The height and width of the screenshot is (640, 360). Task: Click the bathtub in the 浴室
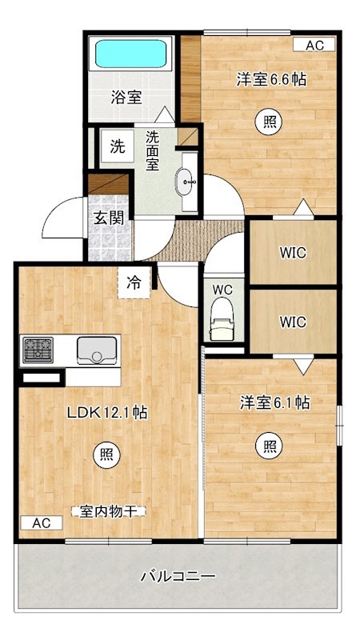click(132, 54)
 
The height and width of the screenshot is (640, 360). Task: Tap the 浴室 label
click(126, 98)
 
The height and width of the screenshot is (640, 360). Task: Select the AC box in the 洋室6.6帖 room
click(314, 46)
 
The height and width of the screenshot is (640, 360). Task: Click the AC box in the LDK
click(42, 523)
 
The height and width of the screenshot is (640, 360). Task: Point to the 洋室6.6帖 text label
click(272, 80)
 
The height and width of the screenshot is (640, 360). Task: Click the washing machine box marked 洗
click(117, 146)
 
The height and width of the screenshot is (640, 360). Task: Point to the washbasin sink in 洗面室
click(189, 183)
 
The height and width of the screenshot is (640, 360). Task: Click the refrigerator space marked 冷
click(133, 282)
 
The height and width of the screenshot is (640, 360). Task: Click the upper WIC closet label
click(292, 254)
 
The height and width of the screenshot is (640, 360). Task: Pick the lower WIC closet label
click(292, 322)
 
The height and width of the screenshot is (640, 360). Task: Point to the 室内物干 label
click(105, 510)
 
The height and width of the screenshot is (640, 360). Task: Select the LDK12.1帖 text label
click(106, 413)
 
